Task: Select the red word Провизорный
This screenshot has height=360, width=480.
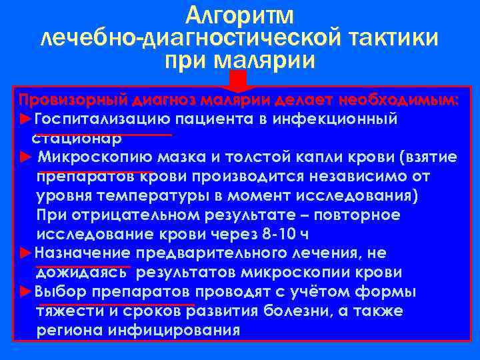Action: click(72, 101)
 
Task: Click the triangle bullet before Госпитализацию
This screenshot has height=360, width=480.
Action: click(25, 119)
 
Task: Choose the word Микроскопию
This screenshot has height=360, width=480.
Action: click(96, 158)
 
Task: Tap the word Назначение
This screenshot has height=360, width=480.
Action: click(82, 253)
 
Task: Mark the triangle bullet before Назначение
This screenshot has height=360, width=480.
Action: click(25, 253)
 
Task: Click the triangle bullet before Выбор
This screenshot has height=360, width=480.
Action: click(25, 292)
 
